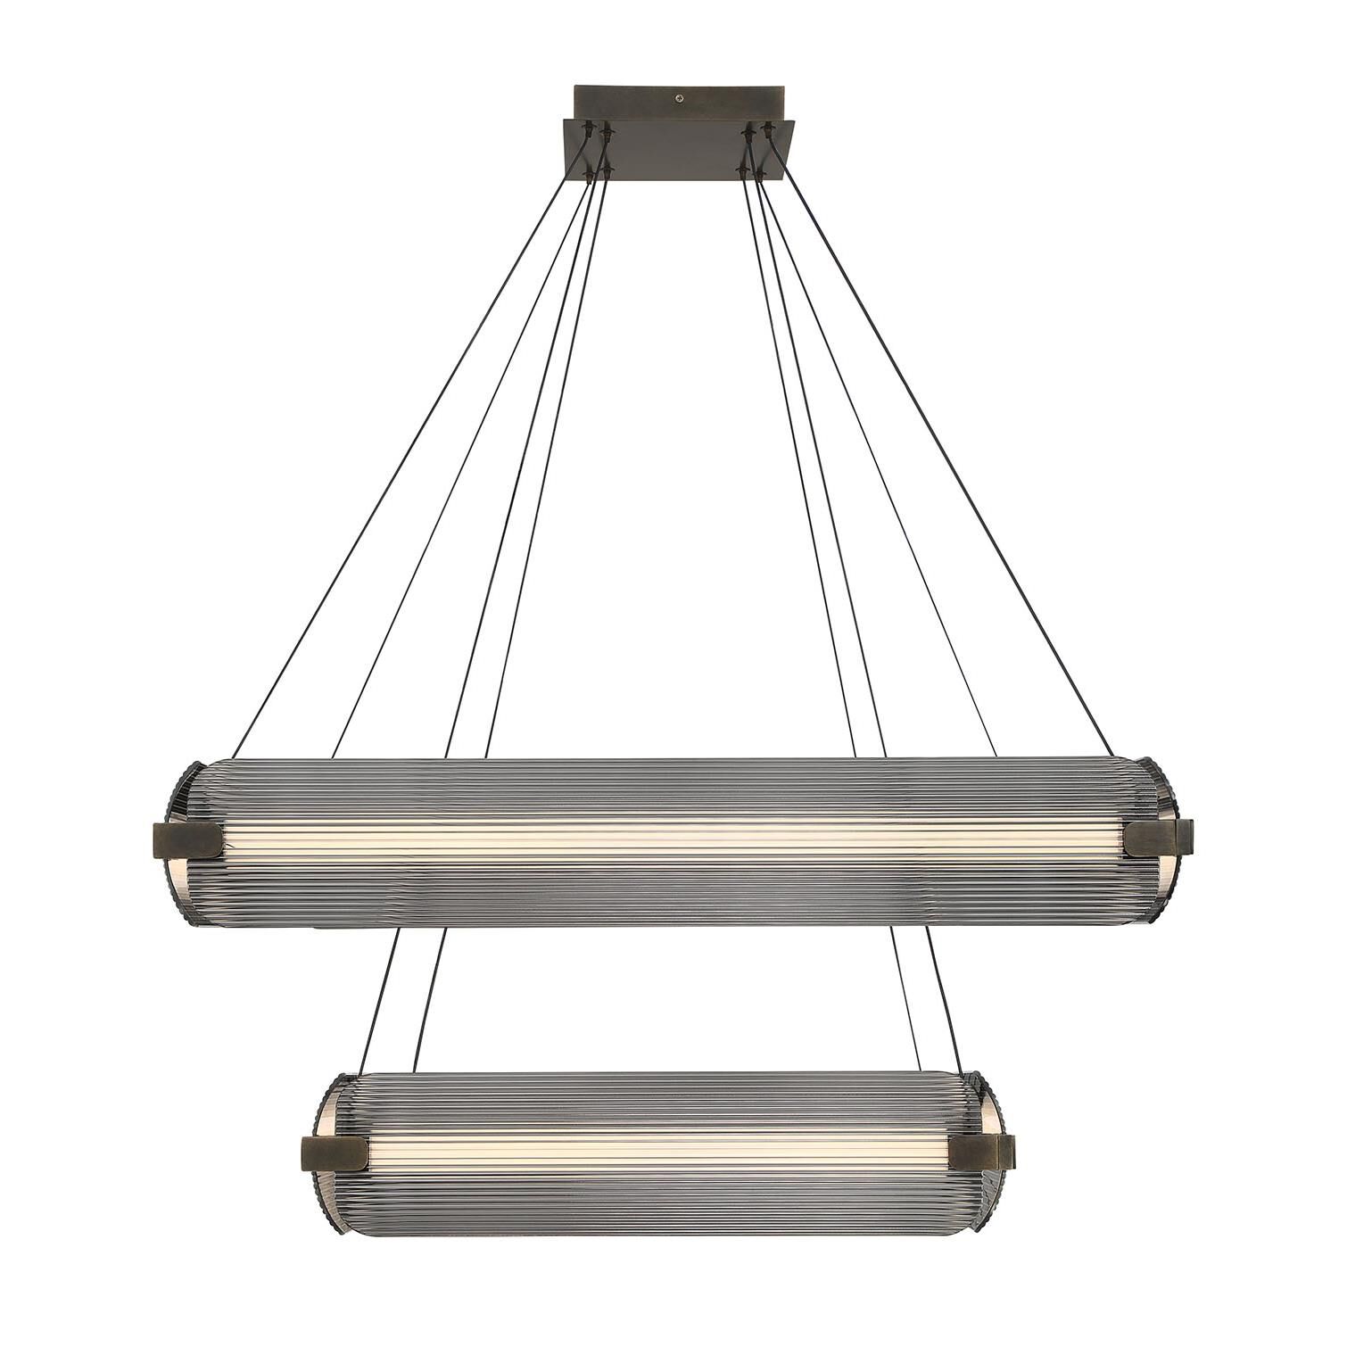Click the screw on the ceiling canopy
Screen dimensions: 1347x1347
click(682, 97)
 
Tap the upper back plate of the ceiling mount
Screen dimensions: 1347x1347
click(624, 101)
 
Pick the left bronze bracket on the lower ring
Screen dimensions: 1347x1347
click(334, 1154)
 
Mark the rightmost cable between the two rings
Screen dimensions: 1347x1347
click(946, 999)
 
